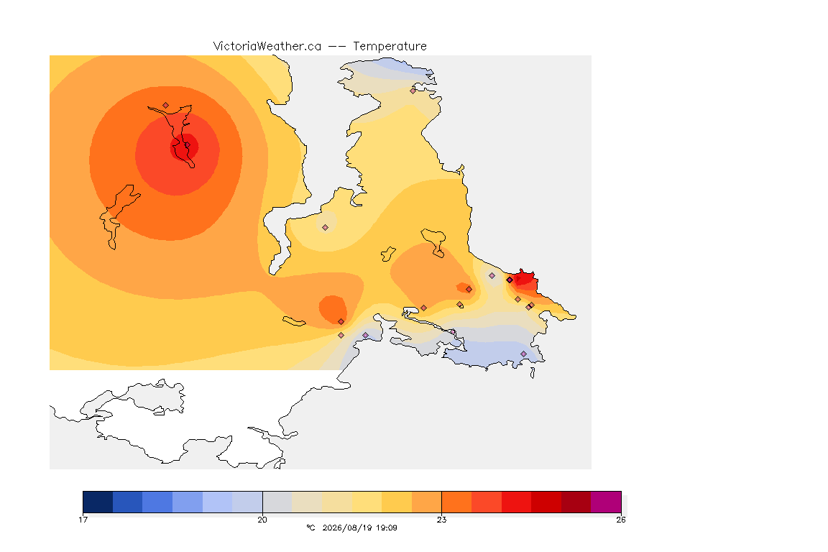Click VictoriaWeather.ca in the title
coord(267,47)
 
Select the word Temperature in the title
coord(390,47)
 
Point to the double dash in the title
coord(337,47)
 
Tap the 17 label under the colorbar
coord(83,520)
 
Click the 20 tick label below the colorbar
coord(262,520)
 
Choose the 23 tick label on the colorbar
coord(441,520)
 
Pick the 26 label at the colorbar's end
coord(621,520)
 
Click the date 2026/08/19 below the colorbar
coord(344,528)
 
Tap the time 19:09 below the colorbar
coord(386,528)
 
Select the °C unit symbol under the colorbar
coord(310,528)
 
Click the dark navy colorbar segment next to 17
coord(98,502)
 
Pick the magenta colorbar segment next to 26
coord(606,502)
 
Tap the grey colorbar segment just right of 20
coord(277,502)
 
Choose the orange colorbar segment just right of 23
coord(456,502)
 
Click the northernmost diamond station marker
coord(413,91)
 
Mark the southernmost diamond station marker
coord(523,354)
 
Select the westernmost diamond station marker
coord(166,106)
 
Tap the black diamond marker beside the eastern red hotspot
coord(510,280)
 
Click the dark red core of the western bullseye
coord(184,147)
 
